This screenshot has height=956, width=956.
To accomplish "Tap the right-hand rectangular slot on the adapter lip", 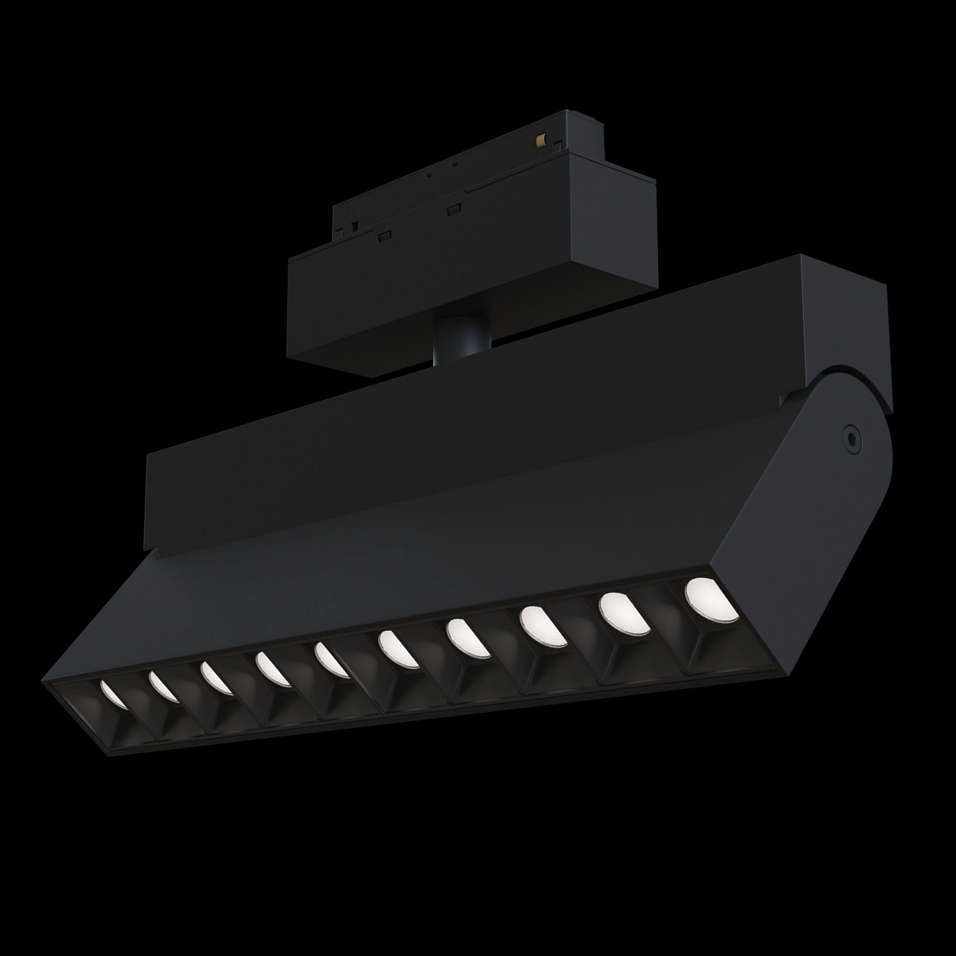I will [x=452, y=208].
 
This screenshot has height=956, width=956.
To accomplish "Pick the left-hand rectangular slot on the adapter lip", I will [x=383, y=236].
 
